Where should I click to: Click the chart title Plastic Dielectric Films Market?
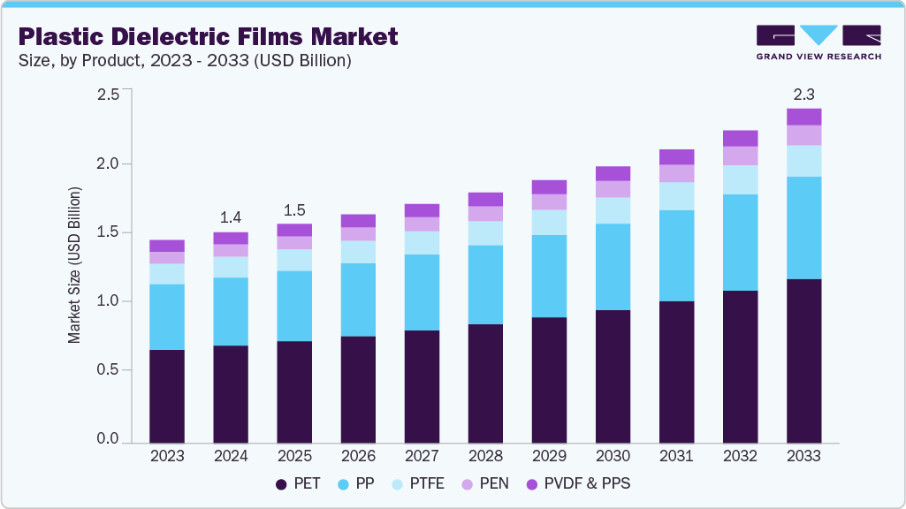tap(208, 36)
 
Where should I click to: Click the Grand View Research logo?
tap(818, 42)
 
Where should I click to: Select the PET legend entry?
tap(298, 484)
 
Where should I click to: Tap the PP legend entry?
tap(362, 484)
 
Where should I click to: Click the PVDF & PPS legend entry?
tap(578, 484)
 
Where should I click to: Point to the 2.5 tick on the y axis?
tap(107, 95)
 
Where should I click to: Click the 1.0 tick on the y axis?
tap(107, 301)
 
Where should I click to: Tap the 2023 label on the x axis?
tap(167, 457)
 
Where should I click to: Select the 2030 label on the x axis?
tap(613, 457)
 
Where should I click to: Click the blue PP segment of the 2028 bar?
tap(485, 285)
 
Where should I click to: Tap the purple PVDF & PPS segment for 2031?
tap(676, 156)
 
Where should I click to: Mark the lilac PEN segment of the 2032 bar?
tap(740, 156)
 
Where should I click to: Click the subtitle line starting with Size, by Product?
tap(185, 61)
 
